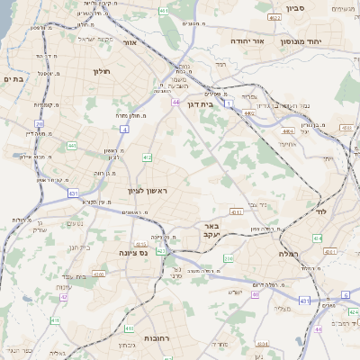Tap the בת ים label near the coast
13,78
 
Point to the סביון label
296,8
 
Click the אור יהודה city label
246,40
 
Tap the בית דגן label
200,103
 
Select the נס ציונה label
132,253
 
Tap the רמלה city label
278,254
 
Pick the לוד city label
320,211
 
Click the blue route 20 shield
39,124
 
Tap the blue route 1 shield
229,104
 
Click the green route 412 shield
147,157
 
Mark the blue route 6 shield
345,294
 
